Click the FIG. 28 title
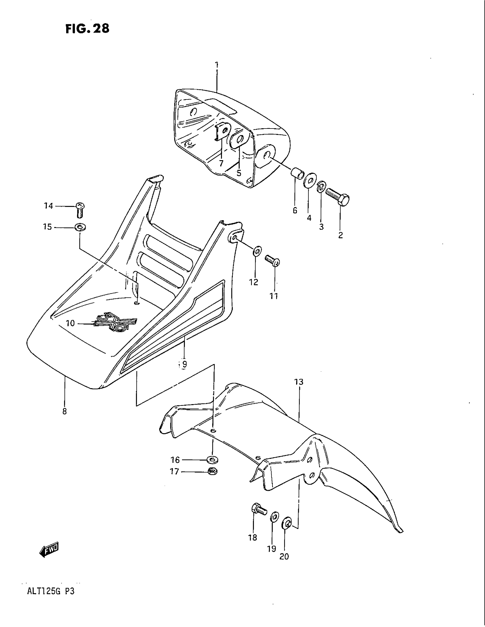[87, 29]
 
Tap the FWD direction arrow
[49, 549]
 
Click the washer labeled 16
[212, 460]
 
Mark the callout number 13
[298, 382]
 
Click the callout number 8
[64, 411]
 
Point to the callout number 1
[217, 65]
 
